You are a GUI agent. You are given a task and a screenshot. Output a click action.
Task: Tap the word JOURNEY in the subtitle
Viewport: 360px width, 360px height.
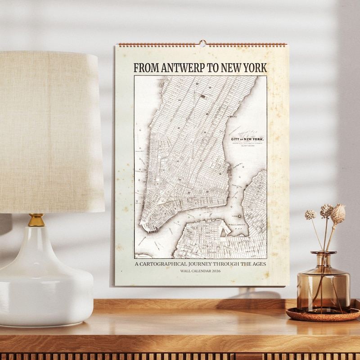tap(204, 264)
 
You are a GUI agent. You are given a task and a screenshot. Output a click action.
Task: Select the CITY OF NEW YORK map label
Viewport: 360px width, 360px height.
tap(247, 139)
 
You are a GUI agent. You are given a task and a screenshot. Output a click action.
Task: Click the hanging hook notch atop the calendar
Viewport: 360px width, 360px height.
tap(202, 44)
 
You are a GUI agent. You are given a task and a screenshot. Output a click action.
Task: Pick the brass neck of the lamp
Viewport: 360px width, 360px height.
tap(36, 220)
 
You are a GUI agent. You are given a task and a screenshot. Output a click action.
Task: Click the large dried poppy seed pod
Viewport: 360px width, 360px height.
tap(338, 214)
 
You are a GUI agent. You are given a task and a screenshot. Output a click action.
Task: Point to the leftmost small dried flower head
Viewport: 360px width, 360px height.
tap(310, 215)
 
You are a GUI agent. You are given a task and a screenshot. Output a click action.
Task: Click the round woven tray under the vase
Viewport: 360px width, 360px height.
tap(322, 315)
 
